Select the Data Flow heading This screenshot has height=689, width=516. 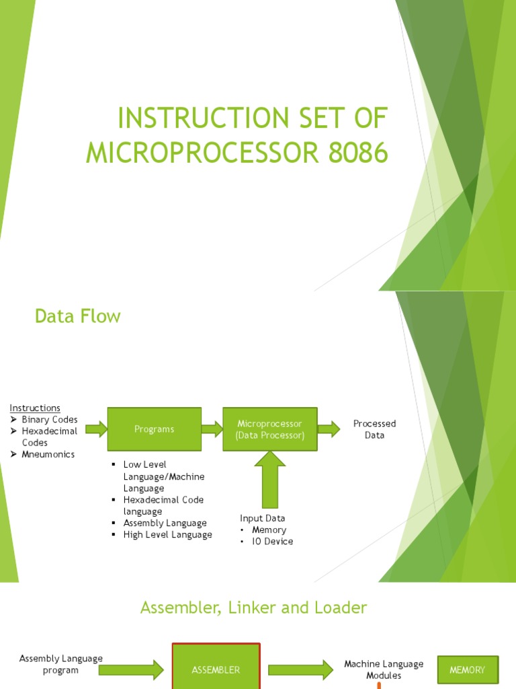[78, 316]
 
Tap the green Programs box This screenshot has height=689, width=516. [154, 429]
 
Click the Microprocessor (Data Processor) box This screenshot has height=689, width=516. [269, 429]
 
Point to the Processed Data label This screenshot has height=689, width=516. [374, 429]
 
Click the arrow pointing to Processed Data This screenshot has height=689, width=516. [329, 429]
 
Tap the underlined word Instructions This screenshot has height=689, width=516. [35, 408]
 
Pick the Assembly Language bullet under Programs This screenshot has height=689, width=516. [165, 523]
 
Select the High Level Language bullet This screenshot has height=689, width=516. [167, 534]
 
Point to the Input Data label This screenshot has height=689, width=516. [263, 518]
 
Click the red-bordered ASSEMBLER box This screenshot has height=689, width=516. [216, 669]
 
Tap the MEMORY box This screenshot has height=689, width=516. [468, 669]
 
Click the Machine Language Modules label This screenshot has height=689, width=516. [384, 669]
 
